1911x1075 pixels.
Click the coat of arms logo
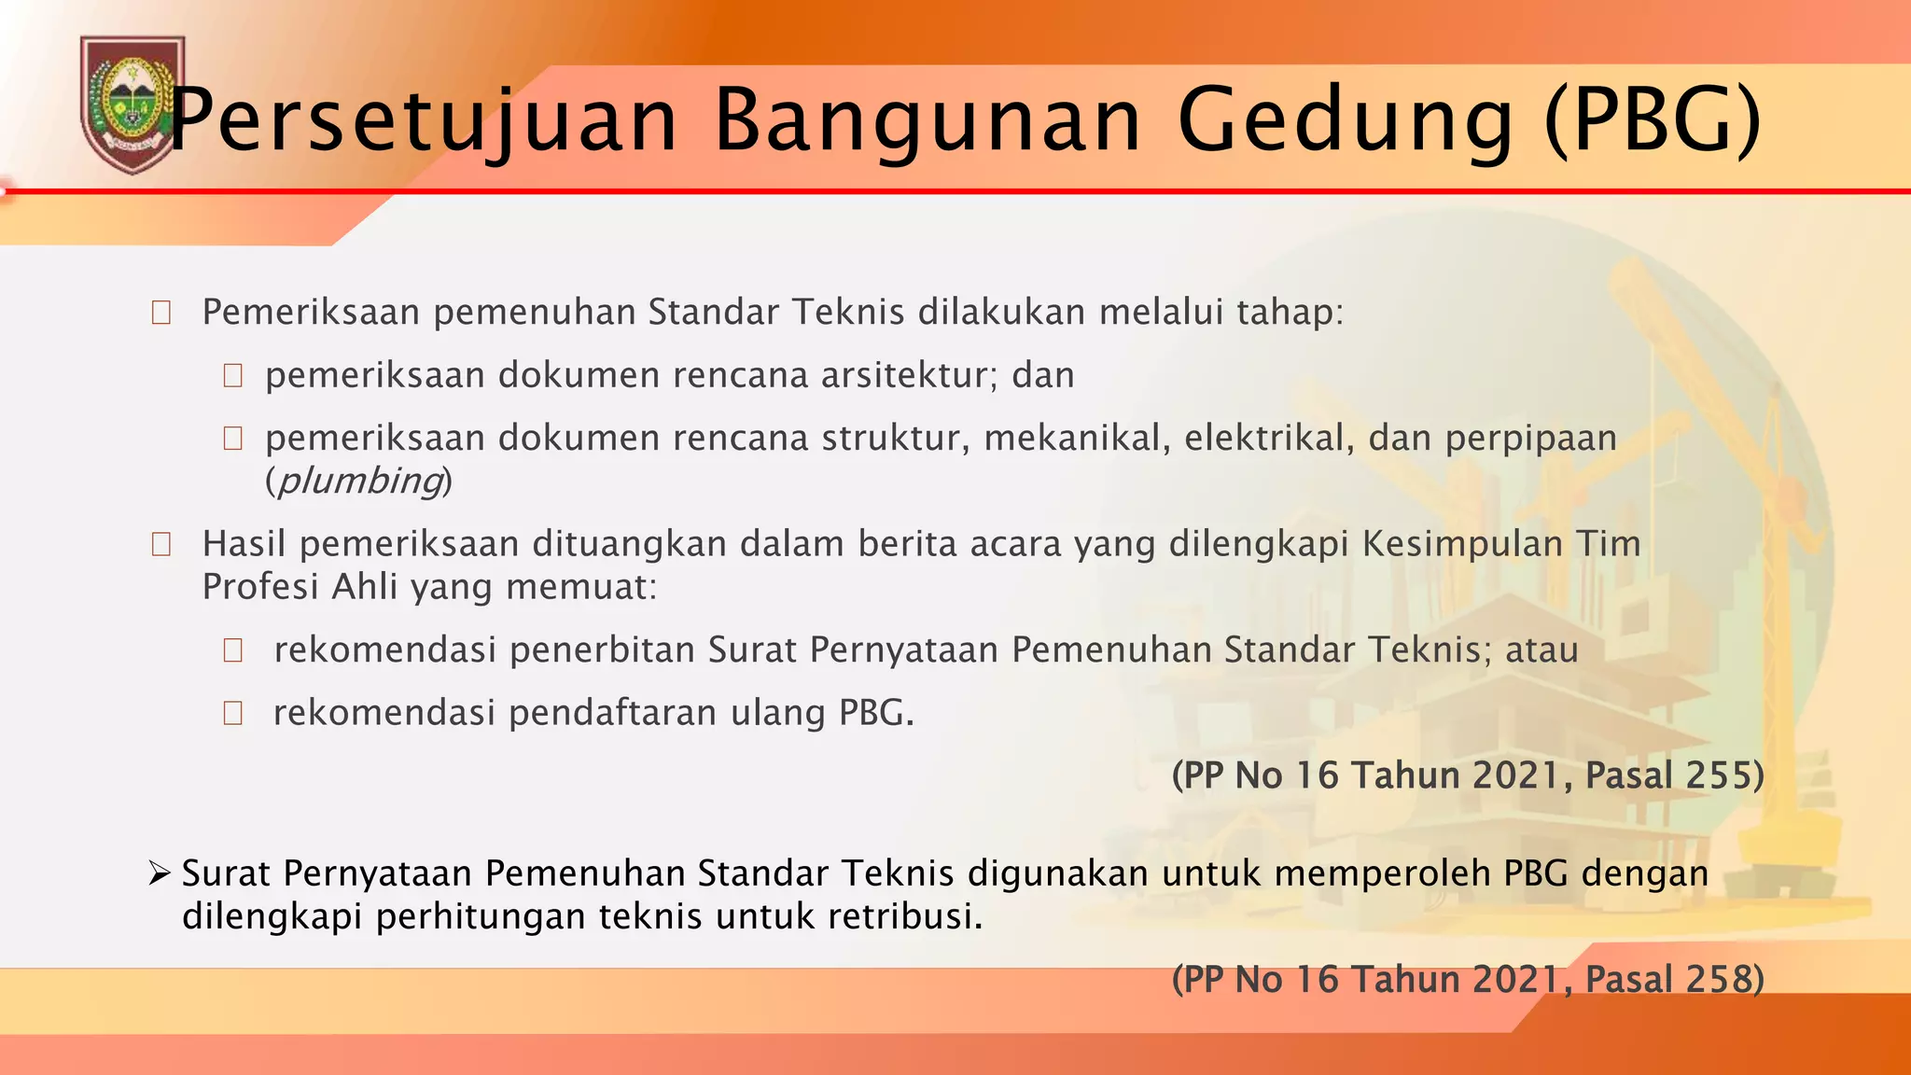point(132,104)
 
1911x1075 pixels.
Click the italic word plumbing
point(359,481)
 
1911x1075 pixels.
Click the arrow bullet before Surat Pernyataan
point(160,873)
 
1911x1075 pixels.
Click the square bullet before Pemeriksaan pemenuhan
point(161,313)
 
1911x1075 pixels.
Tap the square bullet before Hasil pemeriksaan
point(161,544)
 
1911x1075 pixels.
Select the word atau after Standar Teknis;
point(1541,649)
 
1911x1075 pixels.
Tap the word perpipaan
point(1530,438)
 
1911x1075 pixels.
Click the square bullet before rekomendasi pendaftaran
point(233,714)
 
